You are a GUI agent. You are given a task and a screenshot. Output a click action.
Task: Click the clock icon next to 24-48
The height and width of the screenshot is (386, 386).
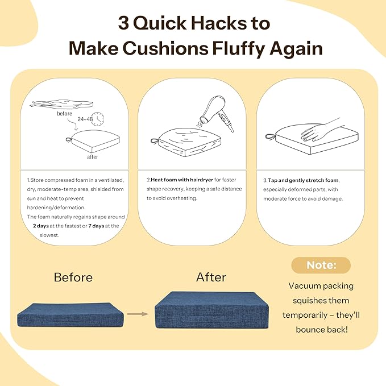point(97,119)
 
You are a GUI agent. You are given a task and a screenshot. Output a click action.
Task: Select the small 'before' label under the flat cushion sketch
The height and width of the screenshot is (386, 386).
point(64,114)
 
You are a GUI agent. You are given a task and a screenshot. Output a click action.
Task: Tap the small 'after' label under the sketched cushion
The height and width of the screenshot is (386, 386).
point(93,157)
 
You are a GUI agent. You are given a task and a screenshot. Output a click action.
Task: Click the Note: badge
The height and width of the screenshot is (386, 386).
point(321,265)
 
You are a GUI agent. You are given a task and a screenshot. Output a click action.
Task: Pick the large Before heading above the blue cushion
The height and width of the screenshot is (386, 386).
point(73,277)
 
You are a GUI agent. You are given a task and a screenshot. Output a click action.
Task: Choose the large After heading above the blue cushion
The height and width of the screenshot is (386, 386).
point(211,277)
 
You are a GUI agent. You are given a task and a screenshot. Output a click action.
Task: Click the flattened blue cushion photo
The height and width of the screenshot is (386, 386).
point(70,315)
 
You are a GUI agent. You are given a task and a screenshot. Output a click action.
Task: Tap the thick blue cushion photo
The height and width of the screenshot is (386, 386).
point(211,310)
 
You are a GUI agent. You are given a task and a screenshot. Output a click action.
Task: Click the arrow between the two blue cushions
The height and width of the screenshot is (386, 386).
point(138,314)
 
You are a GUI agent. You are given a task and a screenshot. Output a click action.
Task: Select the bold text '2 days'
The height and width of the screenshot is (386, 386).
point(41,226)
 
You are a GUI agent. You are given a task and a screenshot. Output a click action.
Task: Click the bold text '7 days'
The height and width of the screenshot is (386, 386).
point(96,226)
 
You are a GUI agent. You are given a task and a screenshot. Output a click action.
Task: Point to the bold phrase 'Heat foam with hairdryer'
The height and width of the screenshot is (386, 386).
point(182,180)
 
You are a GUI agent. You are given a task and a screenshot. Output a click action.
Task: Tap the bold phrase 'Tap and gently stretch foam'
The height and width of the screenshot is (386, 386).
point(303,180)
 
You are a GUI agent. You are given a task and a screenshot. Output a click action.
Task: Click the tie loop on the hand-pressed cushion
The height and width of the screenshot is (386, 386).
point(271,136)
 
